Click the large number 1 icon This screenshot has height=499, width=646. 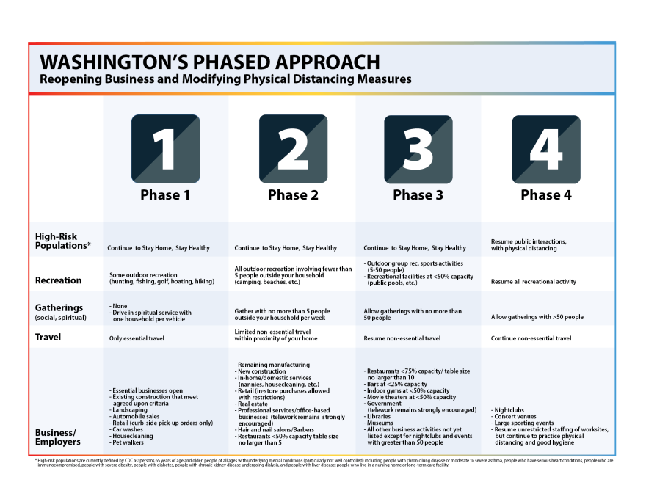click(x=165, y=148)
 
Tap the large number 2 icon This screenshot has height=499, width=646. click(x=293, y=148)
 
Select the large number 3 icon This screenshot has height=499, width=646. click(x=418, y=148)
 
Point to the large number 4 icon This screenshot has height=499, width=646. click(x=545, y=148)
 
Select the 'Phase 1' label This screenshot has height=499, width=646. click(x=165, y=195)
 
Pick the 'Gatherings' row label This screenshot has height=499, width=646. click(x=59, y=308)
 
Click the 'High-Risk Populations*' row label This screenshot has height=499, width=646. click(x=63, y=241)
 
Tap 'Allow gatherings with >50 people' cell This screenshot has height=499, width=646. click(x=537, y=317)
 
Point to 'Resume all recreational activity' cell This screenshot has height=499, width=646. click(x=534, y=282)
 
